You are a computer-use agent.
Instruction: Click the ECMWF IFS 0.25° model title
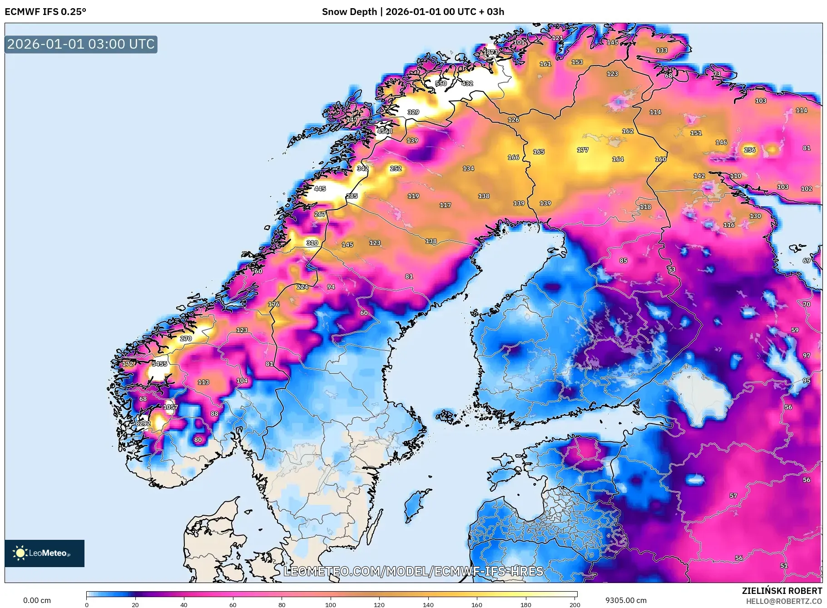click(45, 12)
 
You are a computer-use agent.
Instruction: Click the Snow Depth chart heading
click(413, 12)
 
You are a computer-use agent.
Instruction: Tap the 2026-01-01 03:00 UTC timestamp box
click(81, 44)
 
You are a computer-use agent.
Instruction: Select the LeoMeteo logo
click(45, 553)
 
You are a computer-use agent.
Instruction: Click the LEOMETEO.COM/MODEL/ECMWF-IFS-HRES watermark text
click(413, 571)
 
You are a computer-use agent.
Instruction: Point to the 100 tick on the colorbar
click(331, 604)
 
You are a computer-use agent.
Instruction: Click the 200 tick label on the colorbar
click(575, 604)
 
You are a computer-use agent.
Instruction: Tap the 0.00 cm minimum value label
click(37, 600)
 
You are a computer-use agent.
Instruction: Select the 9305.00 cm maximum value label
click(626, 600)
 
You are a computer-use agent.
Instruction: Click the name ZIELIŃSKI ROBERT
click(782, 591)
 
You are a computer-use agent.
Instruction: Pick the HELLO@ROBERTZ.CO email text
click(784, 601)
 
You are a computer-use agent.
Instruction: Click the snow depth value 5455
click(159, 364)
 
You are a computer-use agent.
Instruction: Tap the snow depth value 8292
click(143, 424)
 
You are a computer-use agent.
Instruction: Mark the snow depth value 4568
click(385, 131)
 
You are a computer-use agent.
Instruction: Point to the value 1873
click(490, 52)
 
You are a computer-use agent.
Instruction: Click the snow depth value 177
click(583, 150)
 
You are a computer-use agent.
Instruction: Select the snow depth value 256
click(750, 150)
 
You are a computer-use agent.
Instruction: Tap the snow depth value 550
click(441, 84)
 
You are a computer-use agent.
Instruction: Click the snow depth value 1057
click(171, 407)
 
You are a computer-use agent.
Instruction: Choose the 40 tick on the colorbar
click(184, 604)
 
